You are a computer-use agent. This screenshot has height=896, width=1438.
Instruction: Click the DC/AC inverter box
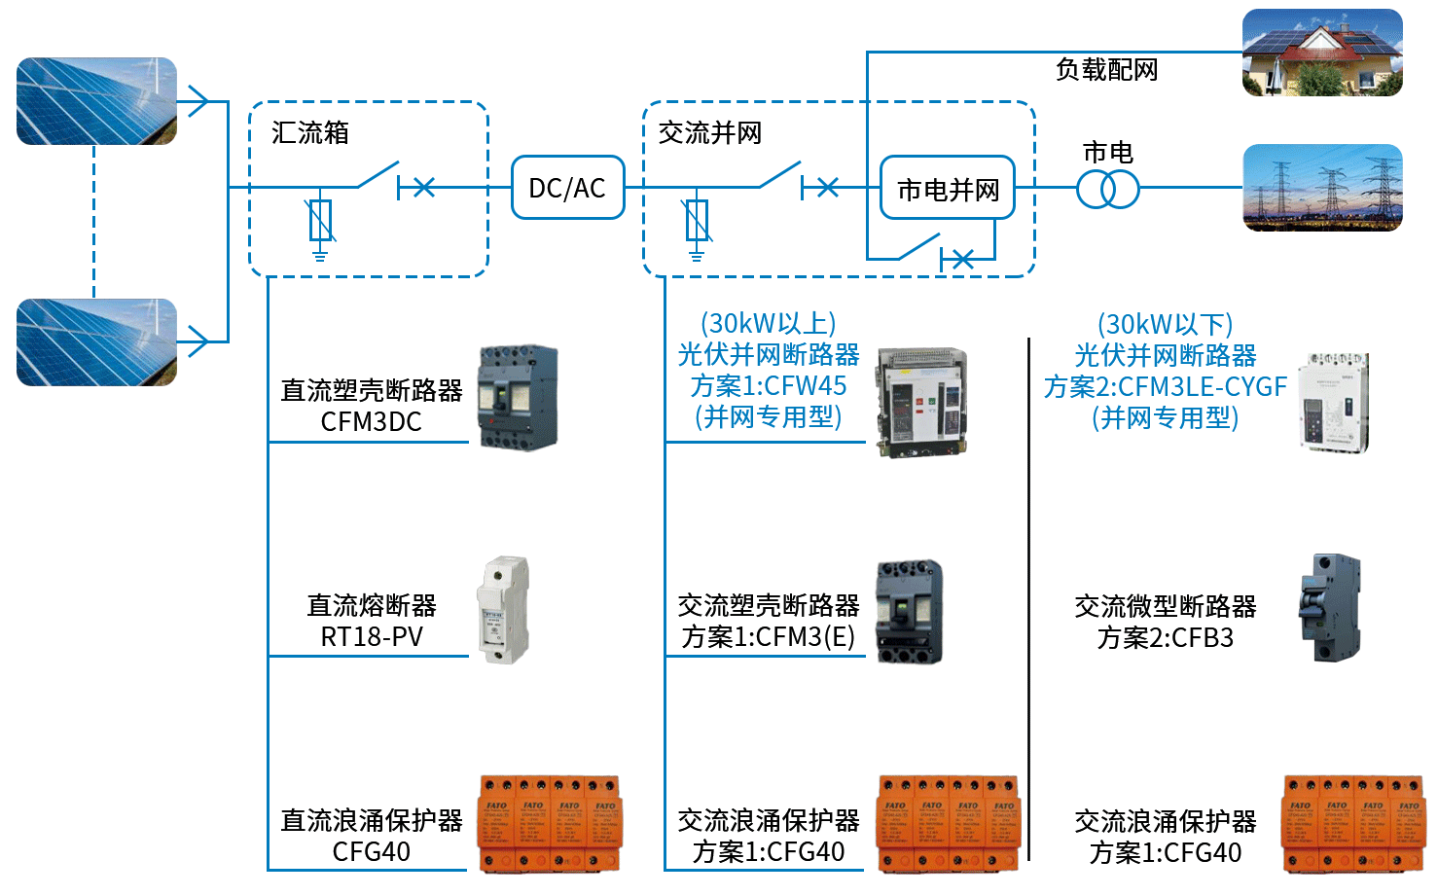click(567, 187)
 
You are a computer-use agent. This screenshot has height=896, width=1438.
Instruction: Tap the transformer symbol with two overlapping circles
click(1107, 188)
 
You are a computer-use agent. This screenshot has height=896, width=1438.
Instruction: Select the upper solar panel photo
click(96, 101)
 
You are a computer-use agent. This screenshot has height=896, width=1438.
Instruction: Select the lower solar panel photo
click(96, 342)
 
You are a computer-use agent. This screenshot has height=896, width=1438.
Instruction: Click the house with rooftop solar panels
click(1322, 53)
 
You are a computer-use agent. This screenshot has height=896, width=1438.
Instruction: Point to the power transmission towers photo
click(1322, 188)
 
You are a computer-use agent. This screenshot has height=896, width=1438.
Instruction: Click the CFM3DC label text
click(371, 422)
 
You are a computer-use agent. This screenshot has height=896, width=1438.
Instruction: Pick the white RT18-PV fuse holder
click(503, 610)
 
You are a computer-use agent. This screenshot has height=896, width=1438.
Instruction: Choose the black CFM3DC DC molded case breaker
click(518, 397)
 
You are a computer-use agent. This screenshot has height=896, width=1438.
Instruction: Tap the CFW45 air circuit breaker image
click(921, 402)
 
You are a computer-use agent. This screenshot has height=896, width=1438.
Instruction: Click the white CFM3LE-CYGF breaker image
click(1333, 403)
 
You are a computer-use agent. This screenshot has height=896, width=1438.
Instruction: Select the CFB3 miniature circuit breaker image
click(1329, 608)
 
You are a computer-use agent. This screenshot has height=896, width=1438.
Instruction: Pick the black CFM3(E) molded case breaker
click(910, 612)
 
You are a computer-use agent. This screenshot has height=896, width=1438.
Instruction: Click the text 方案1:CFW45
click(768, 386)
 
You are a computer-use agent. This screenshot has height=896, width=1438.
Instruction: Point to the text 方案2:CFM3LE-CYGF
click(1165, 387)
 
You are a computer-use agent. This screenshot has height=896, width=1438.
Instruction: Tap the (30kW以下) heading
click(1165, 324)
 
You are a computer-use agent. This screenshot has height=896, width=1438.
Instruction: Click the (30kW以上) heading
click(768, 323)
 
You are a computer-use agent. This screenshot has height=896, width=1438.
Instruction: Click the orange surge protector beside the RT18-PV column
click(549, 823)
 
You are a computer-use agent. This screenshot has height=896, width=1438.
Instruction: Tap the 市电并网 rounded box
click(947, 188)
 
